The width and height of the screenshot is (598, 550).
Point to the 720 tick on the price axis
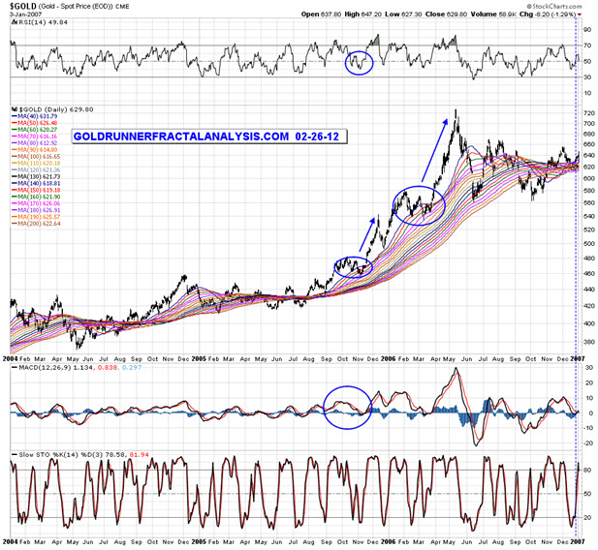point(586,114)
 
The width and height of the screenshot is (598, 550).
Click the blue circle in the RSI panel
point(359,63)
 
